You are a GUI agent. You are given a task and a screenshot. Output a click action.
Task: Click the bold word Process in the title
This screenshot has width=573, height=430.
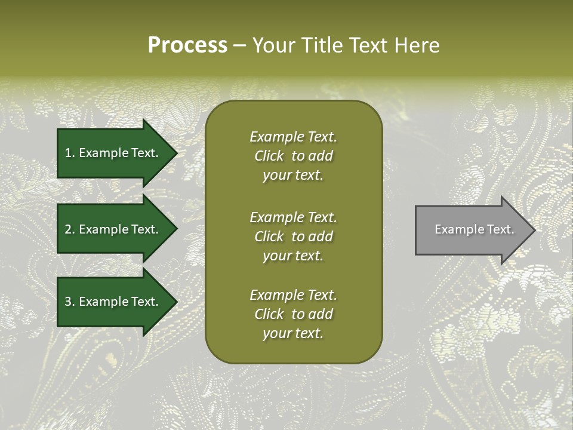click(x=187, y=45)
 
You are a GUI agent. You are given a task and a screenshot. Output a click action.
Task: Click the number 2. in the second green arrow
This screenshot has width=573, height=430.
click(x=70, y=229)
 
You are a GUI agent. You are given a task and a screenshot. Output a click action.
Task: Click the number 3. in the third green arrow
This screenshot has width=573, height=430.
click(x=70, y=302)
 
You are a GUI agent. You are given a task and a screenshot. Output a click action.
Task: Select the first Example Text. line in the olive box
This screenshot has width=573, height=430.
click(x=293, y=137)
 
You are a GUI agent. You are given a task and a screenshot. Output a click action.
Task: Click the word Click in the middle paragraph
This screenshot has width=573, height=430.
click(x=269, y=236)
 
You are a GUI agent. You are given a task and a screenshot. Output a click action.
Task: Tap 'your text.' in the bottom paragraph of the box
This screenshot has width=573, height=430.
click(x=293, y=334)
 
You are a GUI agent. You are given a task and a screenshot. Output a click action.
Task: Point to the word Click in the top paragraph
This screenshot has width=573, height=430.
click(x=269, y=156)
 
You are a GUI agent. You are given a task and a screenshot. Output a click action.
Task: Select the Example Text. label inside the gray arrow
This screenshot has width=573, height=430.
click(x=474, y=229)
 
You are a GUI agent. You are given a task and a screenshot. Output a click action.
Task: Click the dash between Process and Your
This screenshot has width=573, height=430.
click(x=240, y=45)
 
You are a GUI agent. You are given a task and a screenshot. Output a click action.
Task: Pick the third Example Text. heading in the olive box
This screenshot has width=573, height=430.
click(x=293, y=295)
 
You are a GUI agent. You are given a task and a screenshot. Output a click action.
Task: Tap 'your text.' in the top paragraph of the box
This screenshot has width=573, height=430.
click(x=293, y=176)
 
